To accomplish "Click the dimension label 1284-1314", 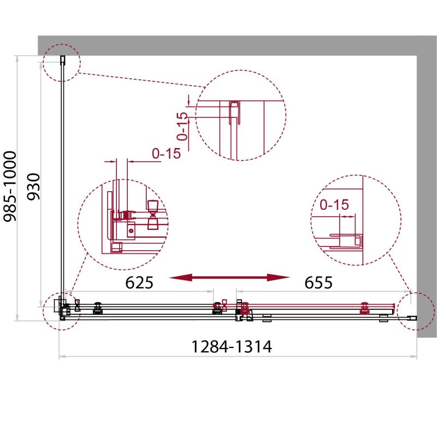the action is click(231, 347).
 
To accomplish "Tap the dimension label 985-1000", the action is click(10, 186).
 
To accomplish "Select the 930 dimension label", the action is click(34, 186).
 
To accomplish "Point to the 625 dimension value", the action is click(139, 282).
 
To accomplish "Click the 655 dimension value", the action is click(318, 282).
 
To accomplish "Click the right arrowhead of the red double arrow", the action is click(279, 277).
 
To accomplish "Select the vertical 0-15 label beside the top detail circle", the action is click(182, 126).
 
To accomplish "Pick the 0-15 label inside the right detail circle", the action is click(334, 205).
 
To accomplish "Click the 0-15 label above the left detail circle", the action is click(167, 153).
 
